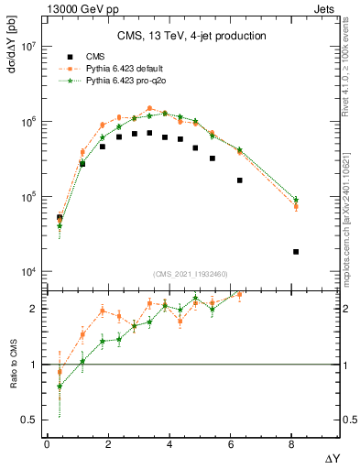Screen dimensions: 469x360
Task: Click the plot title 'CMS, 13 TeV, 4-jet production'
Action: coord(191,36)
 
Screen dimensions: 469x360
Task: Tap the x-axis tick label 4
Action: coord(170,443)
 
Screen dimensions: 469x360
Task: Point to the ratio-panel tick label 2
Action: coord(32,309)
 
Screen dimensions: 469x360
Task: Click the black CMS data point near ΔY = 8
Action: coord(296,251)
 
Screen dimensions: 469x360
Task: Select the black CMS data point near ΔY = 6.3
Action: coord(240,180)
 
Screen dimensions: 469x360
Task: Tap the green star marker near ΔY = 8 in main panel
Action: coord(296,200)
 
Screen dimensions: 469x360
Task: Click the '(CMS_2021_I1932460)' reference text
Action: coord(191,275)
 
